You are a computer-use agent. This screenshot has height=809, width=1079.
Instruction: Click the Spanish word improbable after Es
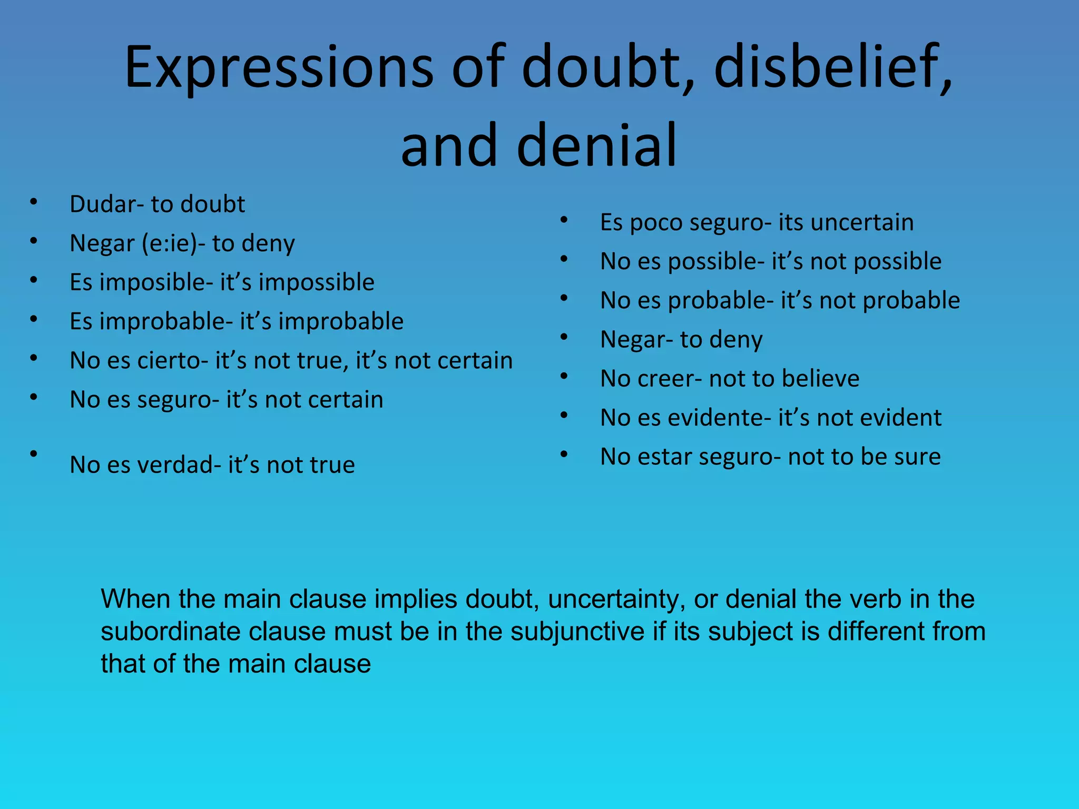(165, 322)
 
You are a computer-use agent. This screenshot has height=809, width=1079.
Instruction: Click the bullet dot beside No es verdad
(34, 453)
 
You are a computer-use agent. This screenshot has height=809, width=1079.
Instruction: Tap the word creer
(666, 379)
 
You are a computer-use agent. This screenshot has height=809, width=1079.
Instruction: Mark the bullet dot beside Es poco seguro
(564, 220)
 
